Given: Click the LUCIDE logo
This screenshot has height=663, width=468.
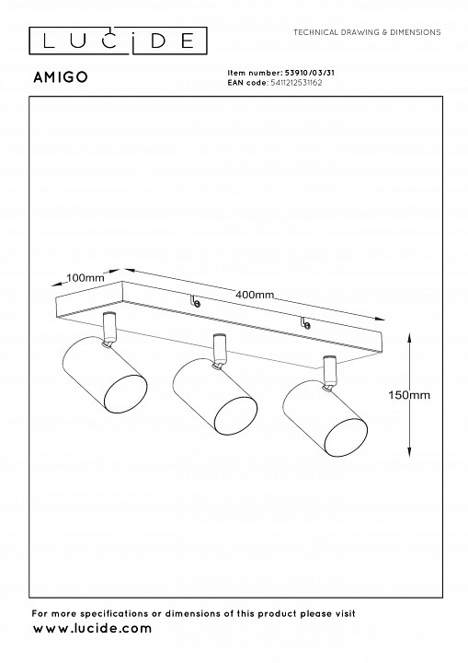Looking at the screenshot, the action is pos(118,41).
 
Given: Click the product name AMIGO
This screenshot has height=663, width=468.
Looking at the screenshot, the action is pos(61,77).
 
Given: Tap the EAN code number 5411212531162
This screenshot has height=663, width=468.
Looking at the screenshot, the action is pos(296,83).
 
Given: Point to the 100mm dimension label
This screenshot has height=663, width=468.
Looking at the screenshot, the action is pos(86,278).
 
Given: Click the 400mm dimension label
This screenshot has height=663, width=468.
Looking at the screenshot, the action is pos(255,295).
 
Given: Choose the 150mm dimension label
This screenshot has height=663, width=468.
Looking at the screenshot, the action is pos(409,395).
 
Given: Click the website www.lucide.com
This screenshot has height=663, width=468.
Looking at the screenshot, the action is pos(92,628).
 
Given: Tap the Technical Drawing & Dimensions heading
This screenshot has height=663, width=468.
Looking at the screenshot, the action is pos(367,32).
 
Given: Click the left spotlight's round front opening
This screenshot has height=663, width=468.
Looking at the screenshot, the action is pos(125,393).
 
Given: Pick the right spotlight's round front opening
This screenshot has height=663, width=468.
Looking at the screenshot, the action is pos(346,438).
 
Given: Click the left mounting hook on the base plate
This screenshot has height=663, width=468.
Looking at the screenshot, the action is pos(196,301).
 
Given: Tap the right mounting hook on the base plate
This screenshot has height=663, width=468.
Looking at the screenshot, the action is pos(305,323).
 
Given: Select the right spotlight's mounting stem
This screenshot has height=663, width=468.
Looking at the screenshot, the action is pos(329,373).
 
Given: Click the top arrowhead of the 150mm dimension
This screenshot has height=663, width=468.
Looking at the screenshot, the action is pos(409,337).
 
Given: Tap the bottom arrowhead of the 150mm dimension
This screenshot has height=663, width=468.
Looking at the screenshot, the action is pos(409,451).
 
